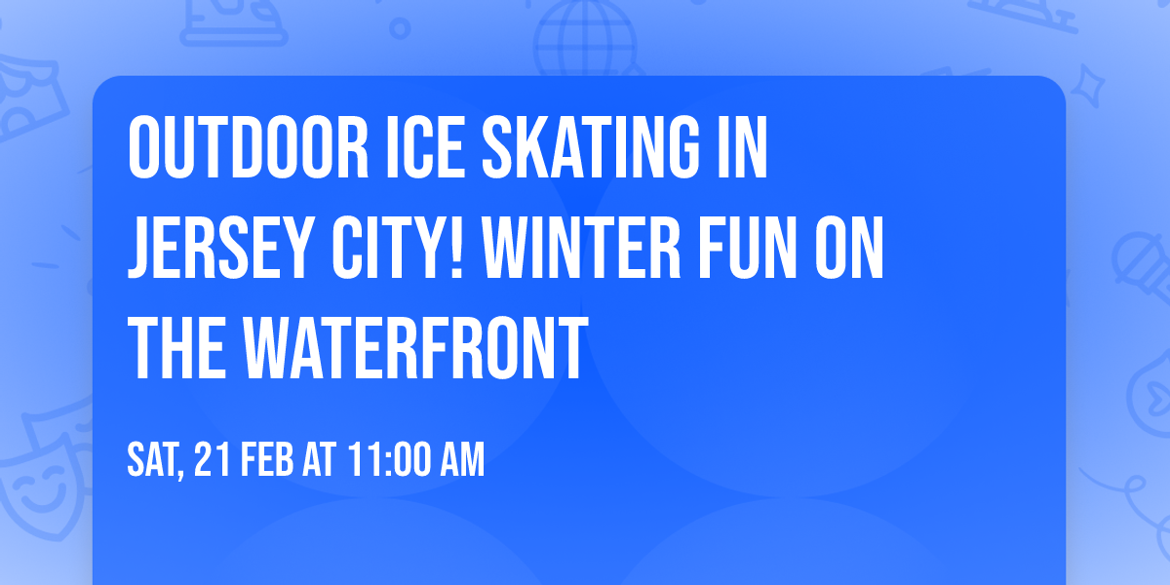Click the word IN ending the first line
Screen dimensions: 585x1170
pyautogui.click(x=742, y=148)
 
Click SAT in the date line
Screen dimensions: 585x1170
pyautogui.click(x=154, y=459)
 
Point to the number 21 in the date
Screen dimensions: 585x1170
pyautogui.click(x=214, y=459)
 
